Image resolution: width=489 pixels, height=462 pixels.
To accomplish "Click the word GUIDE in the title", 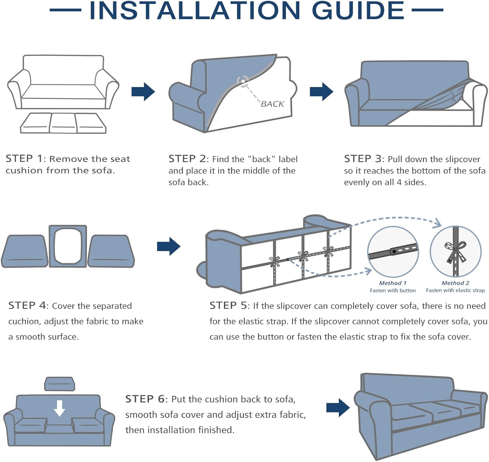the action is point(358,10).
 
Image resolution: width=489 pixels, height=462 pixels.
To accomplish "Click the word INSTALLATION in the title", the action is point(195,10).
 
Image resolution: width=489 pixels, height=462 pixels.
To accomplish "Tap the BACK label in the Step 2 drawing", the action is point(272,104).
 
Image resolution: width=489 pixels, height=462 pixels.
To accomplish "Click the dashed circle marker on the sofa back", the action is point(243,81).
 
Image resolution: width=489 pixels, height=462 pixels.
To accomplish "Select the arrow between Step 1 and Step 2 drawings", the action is point(143,92).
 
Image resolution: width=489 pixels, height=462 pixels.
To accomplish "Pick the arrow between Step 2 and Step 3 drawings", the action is point(321,92).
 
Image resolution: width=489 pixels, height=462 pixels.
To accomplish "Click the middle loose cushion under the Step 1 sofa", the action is point(63,123).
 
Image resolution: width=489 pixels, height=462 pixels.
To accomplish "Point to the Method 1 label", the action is point(393,283).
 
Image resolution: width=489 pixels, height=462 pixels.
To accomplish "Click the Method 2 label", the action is point(455,283).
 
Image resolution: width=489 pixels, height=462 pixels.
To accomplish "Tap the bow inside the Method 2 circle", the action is point(455,251).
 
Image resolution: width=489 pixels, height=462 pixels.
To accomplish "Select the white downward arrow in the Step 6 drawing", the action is point(59,408).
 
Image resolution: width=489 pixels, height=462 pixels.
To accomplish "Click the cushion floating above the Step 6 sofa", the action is point(59,384).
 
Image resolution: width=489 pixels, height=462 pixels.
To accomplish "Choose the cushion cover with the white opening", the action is point(68,246).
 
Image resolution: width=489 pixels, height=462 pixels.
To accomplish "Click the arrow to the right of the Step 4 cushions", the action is point(169,246).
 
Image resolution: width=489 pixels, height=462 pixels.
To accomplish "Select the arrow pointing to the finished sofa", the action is point(338,408).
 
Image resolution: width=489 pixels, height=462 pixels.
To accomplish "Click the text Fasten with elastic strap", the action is point(455,291).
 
